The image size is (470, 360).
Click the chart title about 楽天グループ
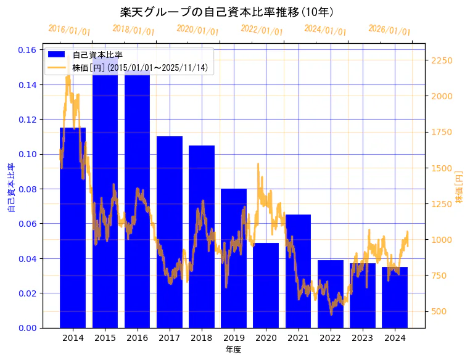(x=227, y=12)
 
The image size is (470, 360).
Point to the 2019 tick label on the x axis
(x=234, y=338)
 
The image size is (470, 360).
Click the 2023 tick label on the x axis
(x=362, y=338)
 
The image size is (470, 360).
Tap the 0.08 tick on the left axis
(x=27, y=189)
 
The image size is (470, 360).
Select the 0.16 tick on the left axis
(x=27, y=50)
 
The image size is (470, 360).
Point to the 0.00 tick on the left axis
(x=27, y=328)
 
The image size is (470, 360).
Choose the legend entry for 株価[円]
(x=142, y=67)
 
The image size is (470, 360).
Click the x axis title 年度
(x=233, y=350)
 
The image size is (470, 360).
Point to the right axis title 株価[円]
(x=459, y=188)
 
